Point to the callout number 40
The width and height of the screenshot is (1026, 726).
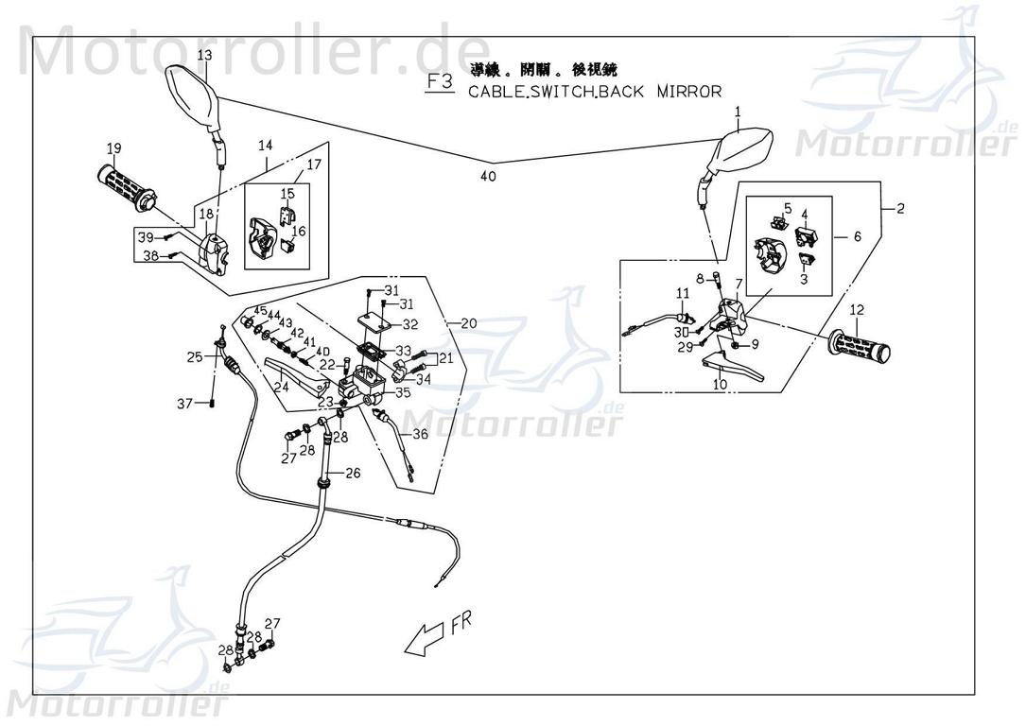[x=488, y=176]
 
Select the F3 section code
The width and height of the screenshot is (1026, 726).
[x=440, y=82]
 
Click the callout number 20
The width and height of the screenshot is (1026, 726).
[x=468, y=323]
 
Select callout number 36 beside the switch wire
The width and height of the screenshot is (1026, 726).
[x=420, y=434]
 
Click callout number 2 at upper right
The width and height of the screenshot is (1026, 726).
[x=899, y=208]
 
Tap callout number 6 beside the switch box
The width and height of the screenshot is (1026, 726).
[x=857, y=237]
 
